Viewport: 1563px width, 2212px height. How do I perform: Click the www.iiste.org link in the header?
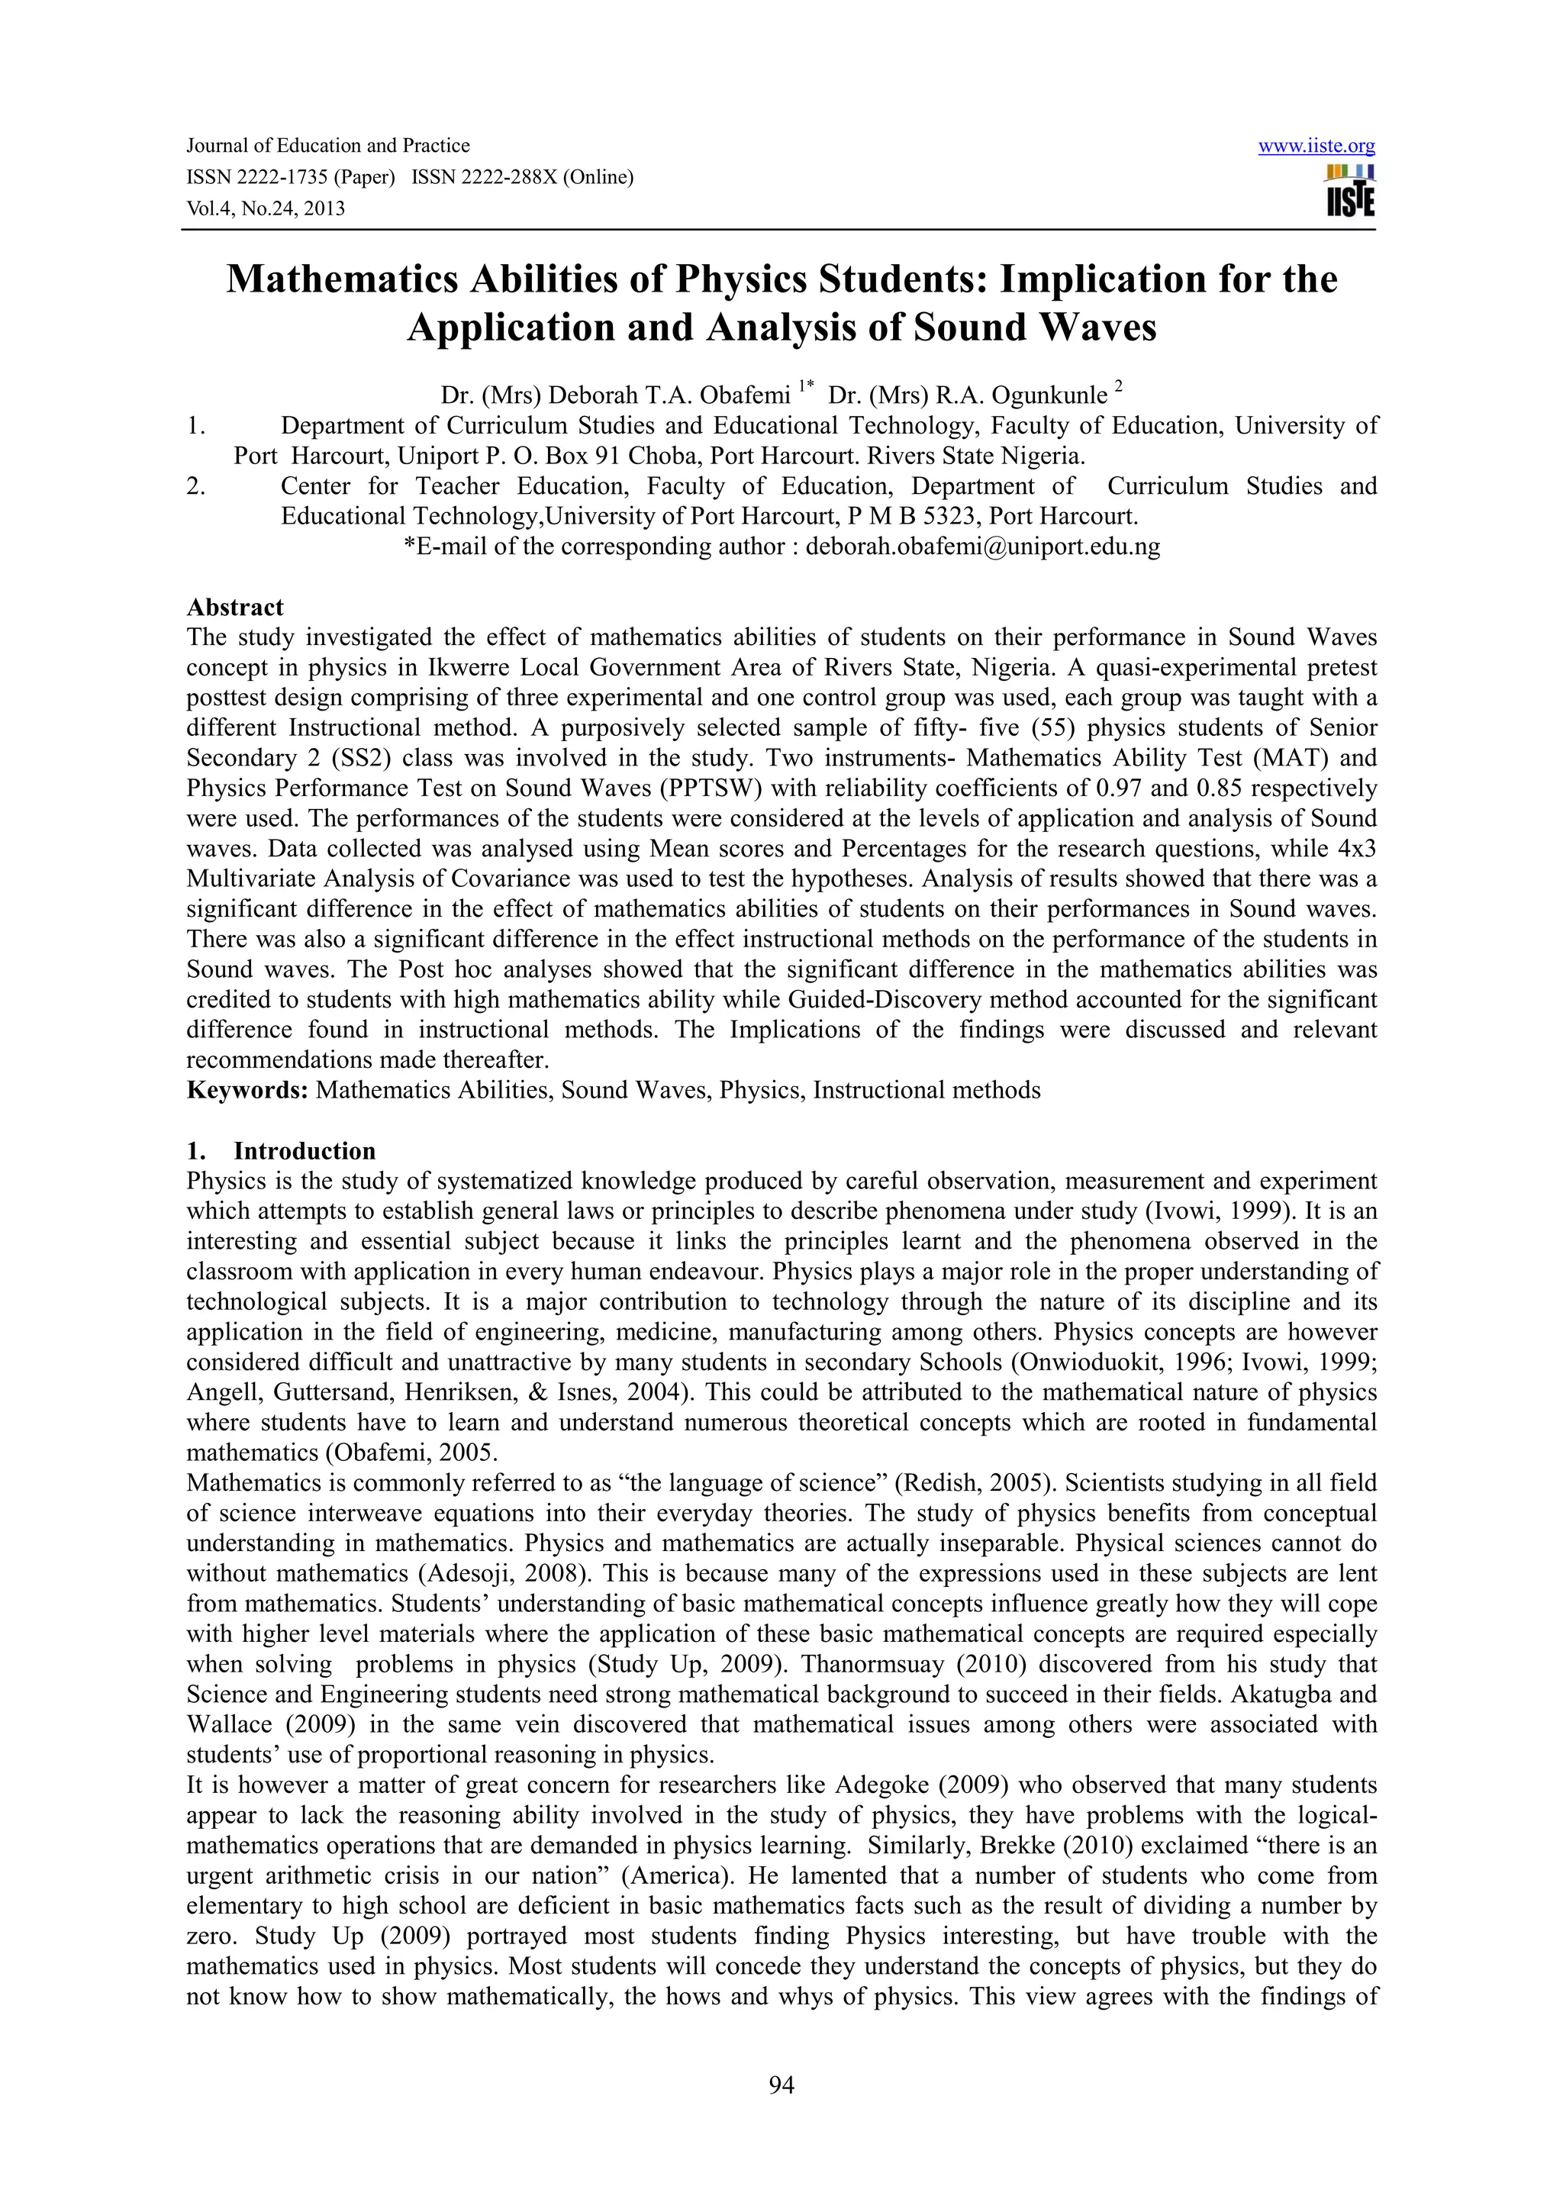[1316, 147]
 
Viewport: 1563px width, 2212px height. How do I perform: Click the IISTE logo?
[1350, 192]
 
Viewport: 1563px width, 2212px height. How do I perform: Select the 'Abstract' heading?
[235, 607]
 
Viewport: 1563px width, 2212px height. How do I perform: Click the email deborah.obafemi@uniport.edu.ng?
[982, 547]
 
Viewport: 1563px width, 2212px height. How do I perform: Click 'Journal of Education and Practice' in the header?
[327, 147]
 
